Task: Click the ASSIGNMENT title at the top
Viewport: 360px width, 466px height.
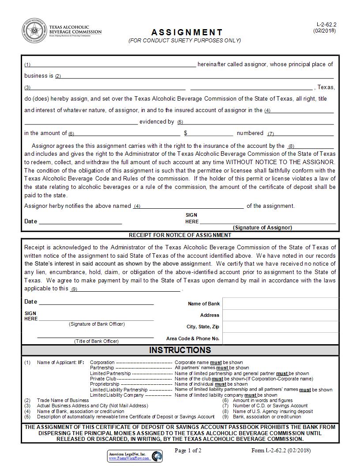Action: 187,32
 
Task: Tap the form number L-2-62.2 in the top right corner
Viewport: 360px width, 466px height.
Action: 326,25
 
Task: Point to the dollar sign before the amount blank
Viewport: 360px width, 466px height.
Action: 186,133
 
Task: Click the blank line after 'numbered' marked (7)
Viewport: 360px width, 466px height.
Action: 304,134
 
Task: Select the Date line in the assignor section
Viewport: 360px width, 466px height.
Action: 80,222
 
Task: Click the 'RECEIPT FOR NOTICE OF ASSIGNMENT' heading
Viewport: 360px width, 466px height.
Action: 180,235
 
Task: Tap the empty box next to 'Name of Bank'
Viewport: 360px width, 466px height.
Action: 281,304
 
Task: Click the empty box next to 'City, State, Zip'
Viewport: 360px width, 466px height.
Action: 281,327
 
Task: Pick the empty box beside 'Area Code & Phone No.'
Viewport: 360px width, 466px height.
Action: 281,338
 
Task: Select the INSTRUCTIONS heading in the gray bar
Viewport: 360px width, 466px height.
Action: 180,350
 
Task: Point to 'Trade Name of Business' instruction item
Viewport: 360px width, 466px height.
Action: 63,401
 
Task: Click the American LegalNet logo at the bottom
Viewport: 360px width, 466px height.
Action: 135,456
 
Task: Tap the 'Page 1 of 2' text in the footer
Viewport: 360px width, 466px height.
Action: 188,451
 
